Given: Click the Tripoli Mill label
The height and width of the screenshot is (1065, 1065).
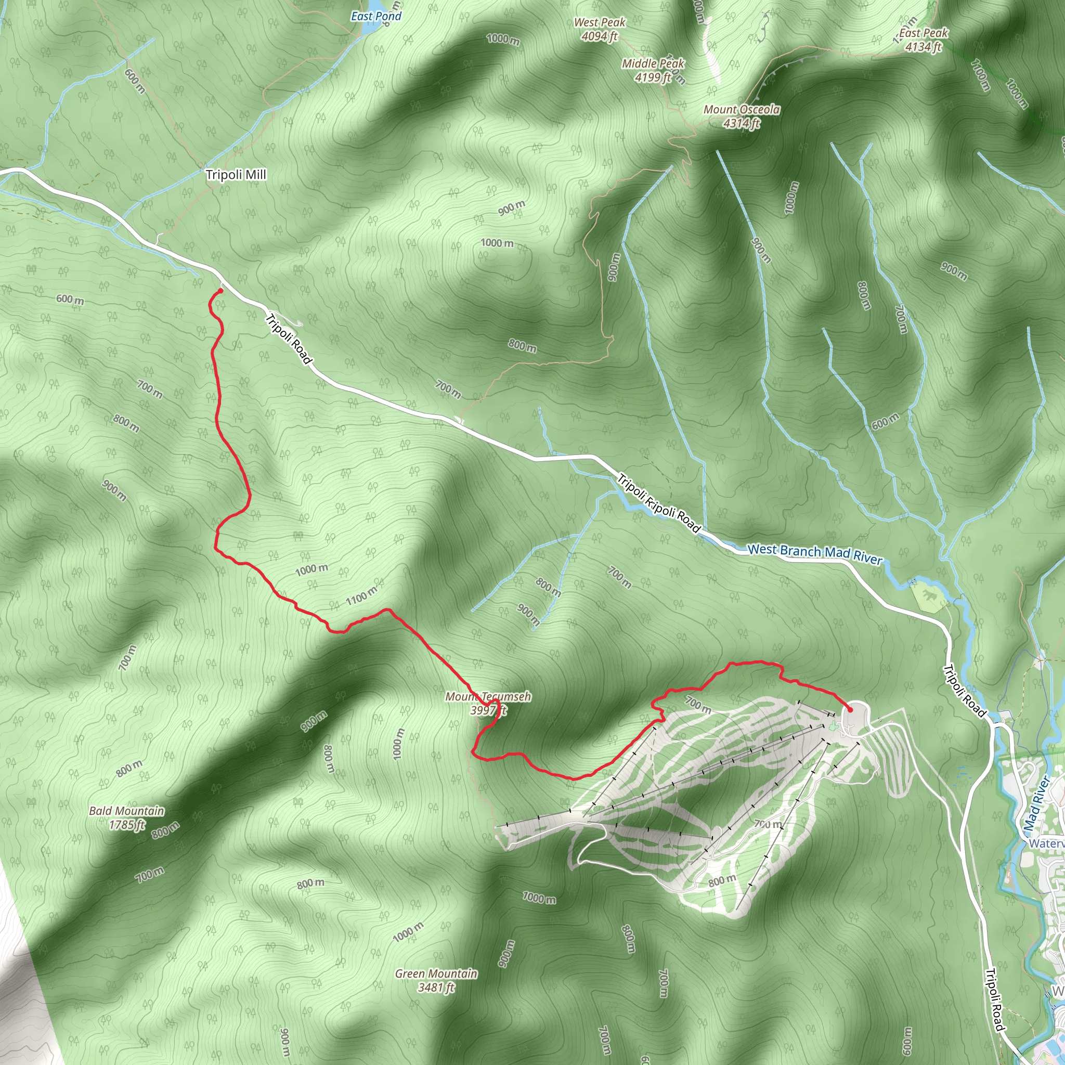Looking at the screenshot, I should click(x=236, y=175).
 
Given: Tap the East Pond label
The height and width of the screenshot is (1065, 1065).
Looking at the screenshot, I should click(x=376, y=17).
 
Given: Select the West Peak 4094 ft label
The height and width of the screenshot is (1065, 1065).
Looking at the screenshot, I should click(x=599, y=29).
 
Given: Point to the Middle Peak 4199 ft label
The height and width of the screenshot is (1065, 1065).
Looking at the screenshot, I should click(x=653, y=71).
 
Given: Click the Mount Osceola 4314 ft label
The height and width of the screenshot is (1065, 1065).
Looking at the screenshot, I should click(x=742, y=116).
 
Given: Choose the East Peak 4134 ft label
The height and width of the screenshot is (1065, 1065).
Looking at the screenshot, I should click(x=924, y=40).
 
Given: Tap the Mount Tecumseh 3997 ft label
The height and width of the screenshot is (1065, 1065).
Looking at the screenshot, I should click(x=488, y=704).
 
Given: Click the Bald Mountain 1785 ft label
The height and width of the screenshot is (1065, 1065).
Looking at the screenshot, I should click(x=127, y=817).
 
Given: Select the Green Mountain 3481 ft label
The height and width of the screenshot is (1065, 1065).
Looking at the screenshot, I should click(x=436, y=981).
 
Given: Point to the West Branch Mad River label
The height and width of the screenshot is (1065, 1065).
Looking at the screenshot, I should click(x=815, y=553).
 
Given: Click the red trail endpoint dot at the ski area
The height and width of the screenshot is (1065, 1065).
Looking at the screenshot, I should click(x=850, y=709).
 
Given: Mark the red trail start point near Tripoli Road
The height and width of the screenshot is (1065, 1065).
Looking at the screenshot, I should click(x=220, y=291).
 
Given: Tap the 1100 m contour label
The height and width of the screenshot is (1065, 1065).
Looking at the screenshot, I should click(x=361, y=596).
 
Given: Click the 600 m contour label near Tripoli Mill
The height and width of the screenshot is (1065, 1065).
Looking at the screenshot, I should click(x=135, y=81).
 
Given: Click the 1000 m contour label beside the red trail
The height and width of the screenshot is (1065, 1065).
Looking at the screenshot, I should click(x=311, y=569).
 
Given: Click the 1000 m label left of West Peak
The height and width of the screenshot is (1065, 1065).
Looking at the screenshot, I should click(x=503, y=39).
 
